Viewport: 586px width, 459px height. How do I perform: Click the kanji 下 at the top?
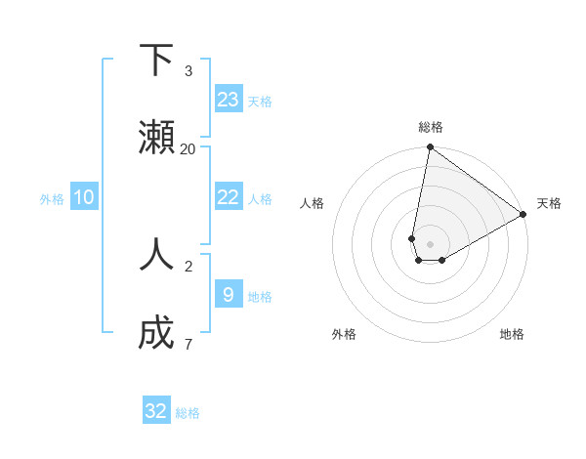156,61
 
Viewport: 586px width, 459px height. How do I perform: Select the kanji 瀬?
156,137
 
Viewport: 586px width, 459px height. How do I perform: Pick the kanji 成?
156,332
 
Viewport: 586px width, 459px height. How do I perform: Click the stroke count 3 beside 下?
188,71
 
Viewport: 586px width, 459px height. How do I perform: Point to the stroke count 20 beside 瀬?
188,148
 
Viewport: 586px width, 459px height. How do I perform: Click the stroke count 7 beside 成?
188,344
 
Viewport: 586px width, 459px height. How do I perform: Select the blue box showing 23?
229,100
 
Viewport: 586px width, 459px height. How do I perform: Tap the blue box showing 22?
229,197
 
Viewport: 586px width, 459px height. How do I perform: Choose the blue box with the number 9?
229,294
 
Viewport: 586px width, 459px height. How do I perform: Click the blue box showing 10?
84,197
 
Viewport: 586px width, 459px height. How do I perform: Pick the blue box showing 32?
156,411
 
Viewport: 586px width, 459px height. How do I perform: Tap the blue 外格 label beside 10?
52,199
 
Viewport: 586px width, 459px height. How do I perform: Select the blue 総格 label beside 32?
188,413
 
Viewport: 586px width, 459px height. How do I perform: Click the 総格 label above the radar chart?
430,127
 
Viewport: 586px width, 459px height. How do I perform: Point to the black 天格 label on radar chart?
549,203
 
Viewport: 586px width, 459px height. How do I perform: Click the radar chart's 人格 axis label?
312,203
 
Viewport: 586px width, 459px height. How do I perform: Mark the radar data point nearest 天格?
523,215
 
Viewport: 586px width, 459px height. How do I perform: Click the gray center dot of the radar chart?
430,243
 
